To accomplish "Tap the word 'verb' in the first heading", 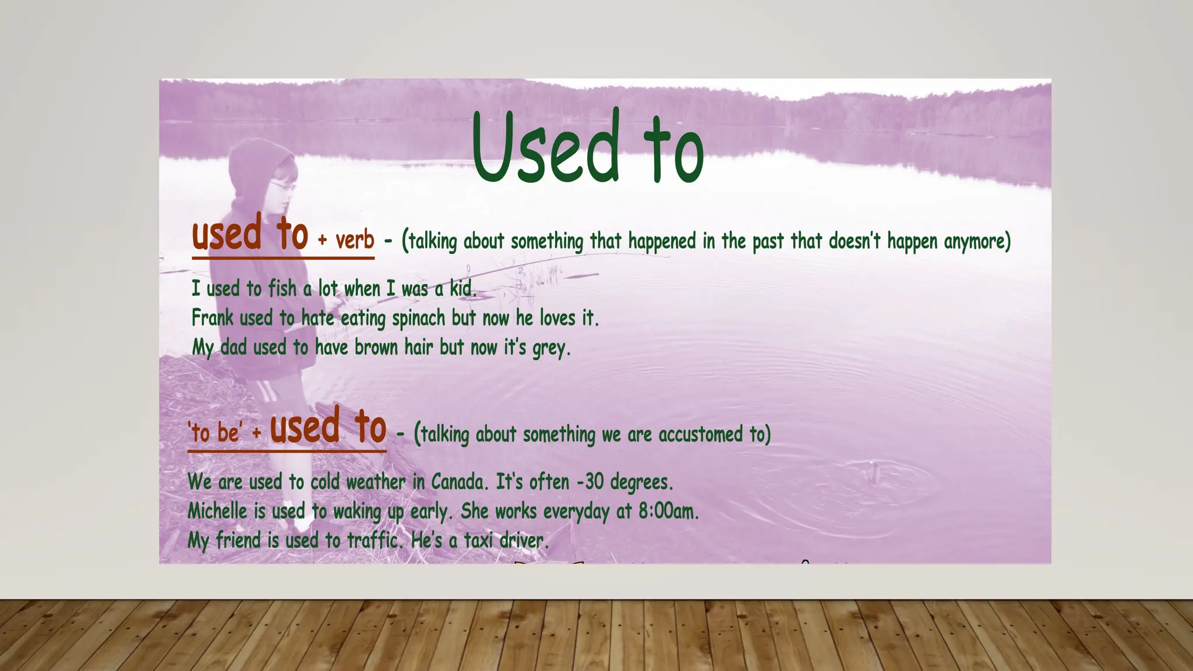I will coord(355,240).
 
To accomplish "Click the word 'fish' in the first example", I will coord(282,288).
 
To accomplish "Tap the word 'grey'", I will coord(548,348).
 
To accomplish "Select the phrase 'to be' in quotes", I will coord(215,433).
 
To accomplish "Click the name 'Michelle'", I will coord(217,511).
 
